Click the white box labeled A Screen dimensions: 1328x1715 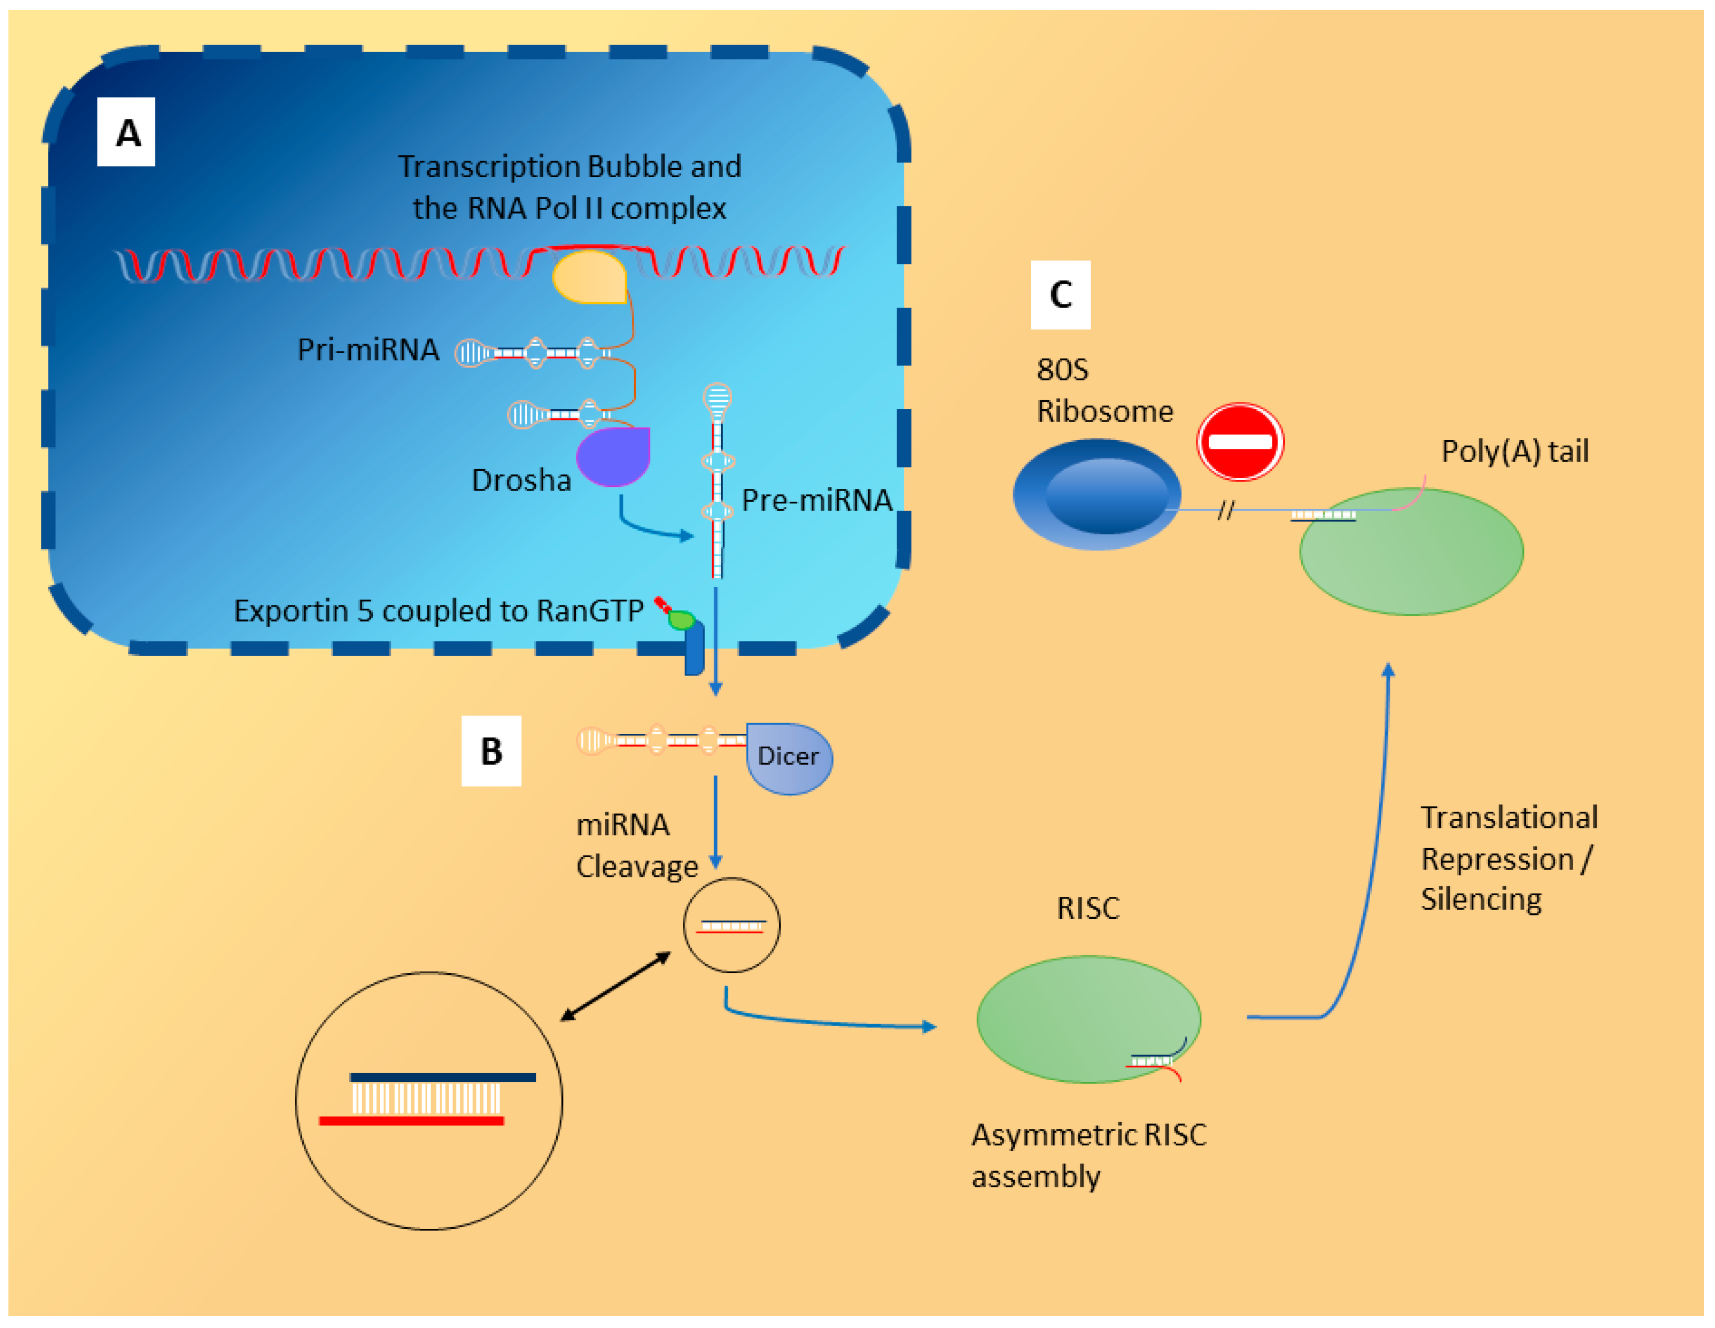point(126,132)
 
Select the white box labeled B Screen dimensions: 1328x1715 point(491,751)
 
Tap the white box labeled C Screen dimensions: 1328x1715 point(1060,294)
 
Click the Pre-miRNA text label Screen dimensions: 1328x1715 point(817,500)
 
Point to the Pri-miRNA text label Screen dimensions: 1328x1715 point(368,349)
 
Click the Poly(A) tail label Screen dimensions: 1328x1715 point(1514,452)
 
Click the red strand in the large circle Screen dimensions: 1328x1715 point(412,1121)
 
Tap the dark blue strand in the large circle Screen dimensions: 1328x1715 point(443,1077)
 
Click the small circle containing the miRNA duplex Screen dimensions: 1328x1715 point(731,925)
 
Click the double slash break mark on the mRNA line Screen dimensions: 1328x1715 point(1226,511)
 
